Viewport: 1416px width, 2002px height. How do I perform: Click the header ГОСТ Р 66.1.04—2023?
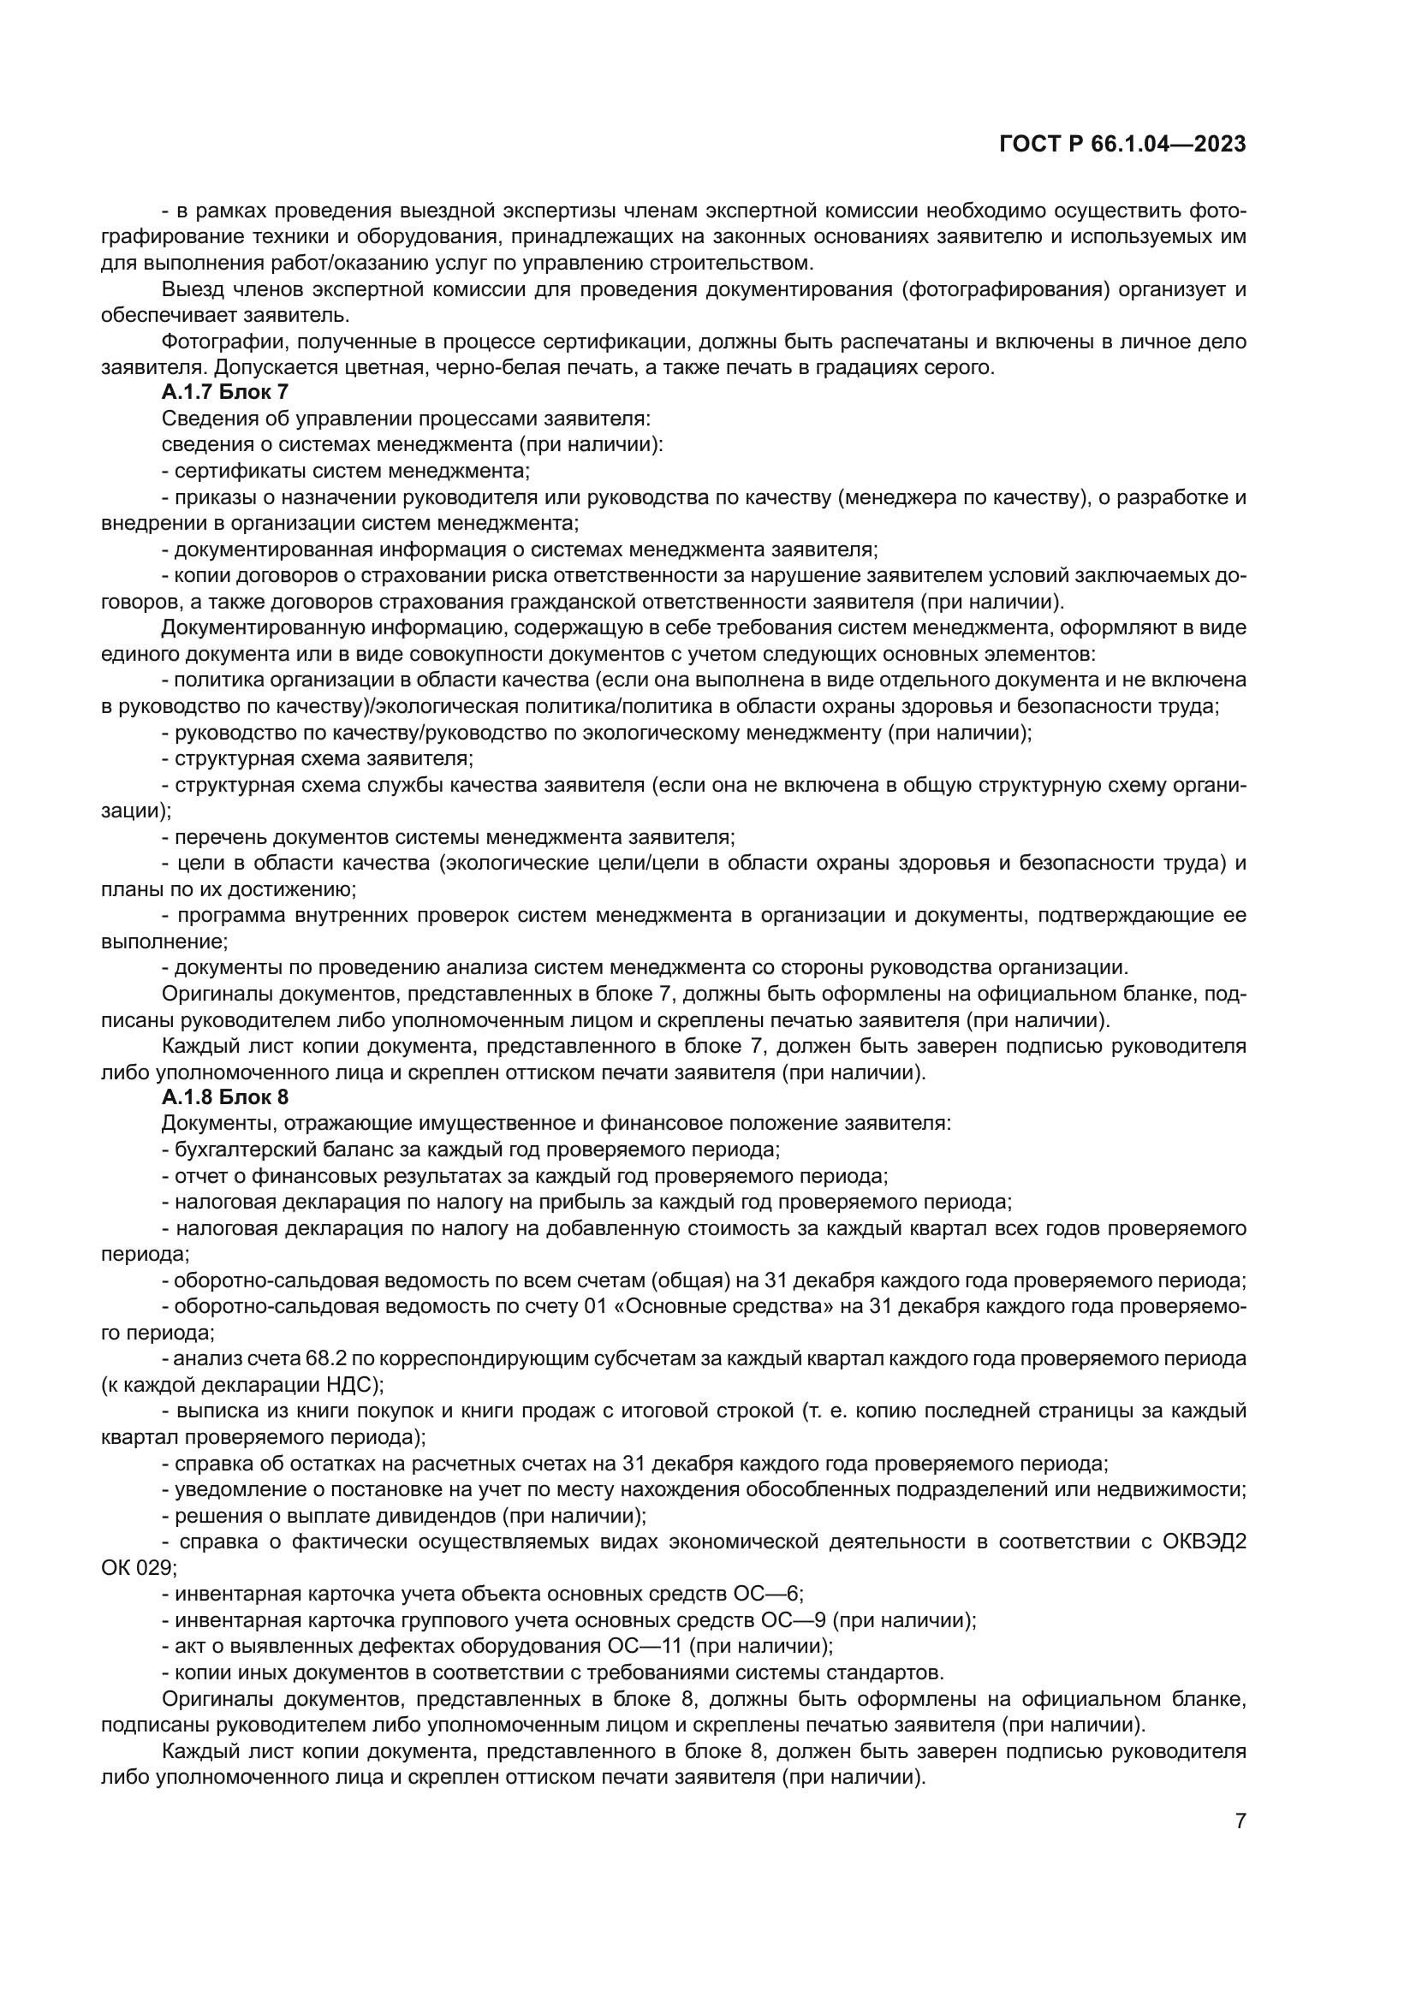point(1122,145)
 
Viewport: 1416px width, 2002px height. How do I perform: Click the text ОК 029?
point(138,1568)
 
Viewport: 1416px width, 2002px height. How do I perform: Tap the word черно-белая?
point(485,367)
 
